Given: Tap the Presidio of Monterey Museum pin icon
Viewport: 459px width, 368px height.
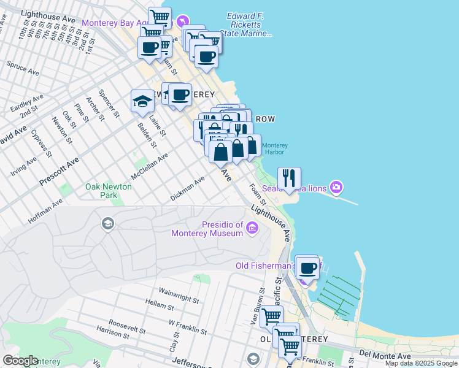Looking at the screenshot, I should (252, 229).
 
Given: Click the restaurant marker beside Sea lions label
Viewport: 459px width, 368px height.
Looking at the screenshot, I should (289, 178).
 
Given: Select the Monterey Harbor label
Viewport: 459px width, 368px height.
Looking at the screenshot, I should (274, 148).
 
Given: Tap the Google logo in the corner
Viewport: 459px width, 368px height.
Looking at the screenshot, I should (20, 361).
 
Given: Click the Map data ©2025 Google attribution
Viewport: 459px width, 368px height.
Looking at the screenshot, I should (421, 364).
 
